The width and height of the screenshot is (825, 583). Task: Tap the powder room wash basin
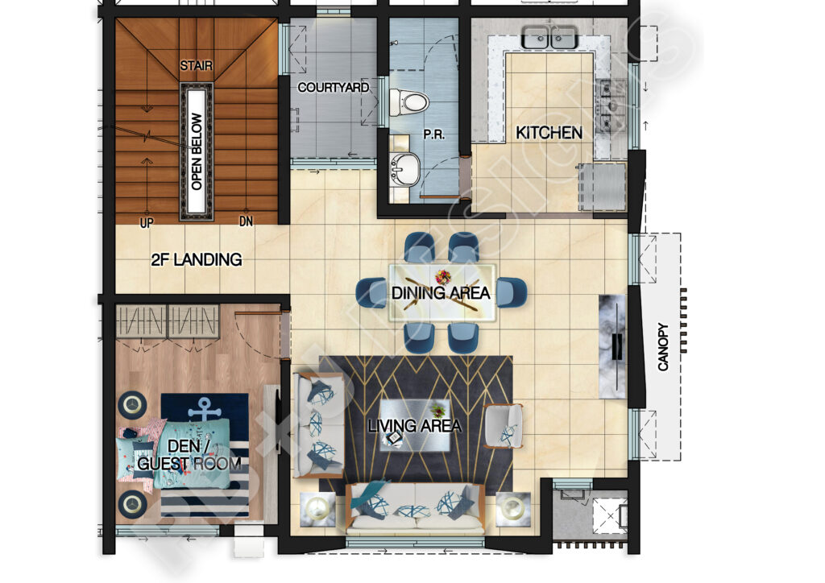[404, 167]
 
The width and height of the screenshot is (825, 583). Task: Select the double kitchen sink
[549, 37]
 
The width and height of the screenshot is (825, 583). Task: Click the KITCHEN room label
[549, 133]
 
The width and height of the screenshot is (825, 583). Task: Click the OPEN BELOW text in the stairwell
[196, 151]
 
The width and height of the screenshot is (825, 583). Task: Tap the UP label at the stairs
[147, 222]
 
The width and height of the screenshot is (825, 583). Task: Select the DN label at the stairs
[246, 221]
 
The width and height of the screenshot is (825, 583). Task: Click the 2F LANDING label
[197, 260]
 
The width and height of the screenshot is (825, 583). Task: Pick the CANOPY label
[663, 347]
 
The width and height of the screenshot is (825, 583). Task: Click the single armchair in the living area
[504, 426]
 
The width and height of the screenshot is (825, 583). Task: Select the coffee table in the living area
[414, 424]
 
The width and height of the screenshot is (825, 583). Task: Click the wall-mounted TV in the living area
[616, 346]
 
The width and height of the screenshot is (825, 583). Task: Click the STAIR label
[196, 65]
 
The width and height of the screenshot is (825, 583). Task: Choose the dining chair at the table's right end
[511, 291]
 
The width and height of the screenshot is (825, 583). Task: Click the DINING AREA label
[441, 293]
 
